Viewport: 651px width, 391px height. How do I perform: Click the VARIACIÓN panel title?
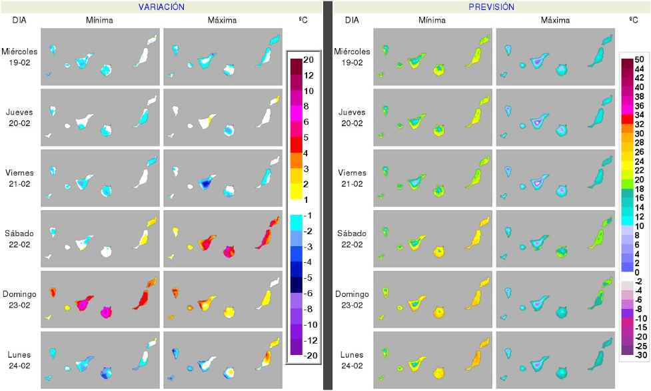[161, 7]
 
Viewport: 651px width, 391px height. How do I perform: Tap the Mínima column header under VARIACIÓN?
[99, 20]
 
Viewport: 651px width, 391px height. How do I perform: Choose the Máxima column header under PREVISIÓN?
[555, 20]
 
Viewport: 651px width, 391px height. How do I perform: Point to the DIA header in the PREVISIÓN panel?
[352, 20]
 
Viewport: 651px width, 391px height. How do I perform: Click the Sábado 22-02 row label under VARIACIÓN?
[19, 238]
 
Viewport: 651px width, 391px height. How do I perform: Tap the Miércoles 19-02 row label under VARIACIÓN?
[19, 56]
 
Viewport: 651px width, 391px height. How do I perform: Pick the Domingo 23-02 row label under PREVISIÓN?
[352, 298]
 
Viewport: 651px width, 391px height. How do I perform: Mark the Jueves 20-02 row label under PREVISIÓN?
[352, 117]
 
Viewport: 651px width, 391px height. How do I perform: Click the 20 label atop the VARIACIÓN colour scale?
[308, 59]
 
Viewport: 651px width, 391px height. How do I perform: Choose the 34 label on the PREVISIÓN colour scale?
[638, 115]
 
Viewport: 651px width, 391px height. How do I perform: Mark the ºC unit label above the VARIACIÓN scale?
[303, 20]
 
